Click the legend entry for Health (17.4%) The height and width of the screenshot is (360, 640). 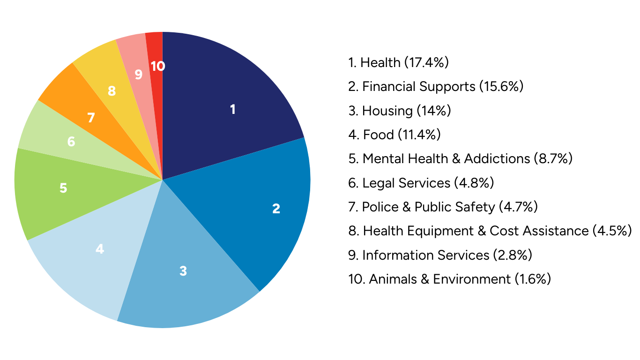coord(399,62)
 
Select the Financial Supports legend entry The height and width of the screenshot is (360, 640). coord(436,87)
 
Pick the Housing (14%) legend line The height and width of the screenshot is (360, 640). coord(400,111)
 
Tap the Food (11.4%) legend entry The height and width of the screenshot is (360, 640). coord(394,135)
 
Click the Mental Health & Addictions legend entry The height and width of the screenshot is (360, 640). coord(461,159)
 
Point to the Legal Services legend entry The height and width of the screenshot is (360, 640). coord(421,183)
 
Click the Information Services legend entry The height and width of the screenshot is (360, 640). coord(440,255)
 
